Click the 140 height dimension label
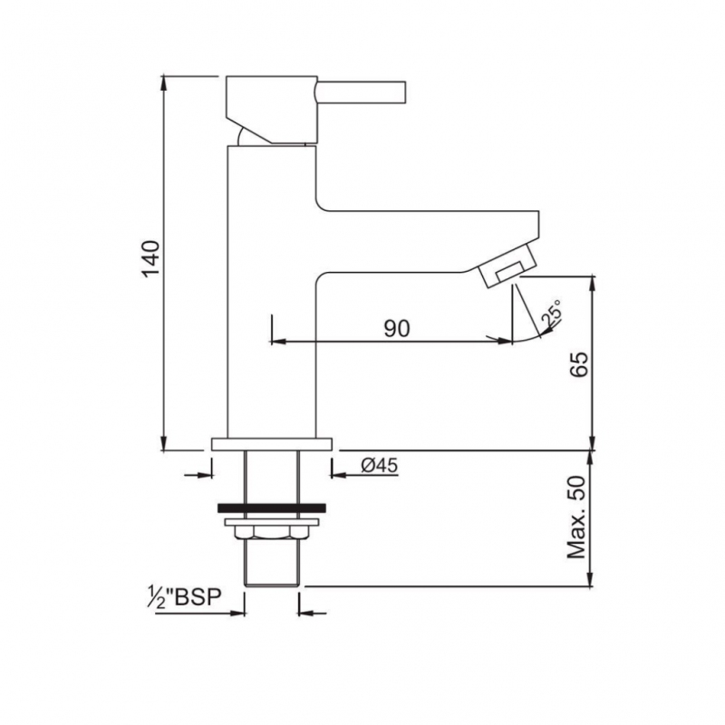151,261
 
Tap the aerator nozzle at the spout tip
508,269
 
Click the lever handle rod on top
361,92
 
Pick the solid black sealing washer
272,508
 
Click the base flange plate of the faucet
272,444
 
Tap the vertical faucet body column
270,299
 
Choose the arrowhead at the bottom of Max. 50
593,580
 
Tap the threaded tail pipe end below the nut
272,571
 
